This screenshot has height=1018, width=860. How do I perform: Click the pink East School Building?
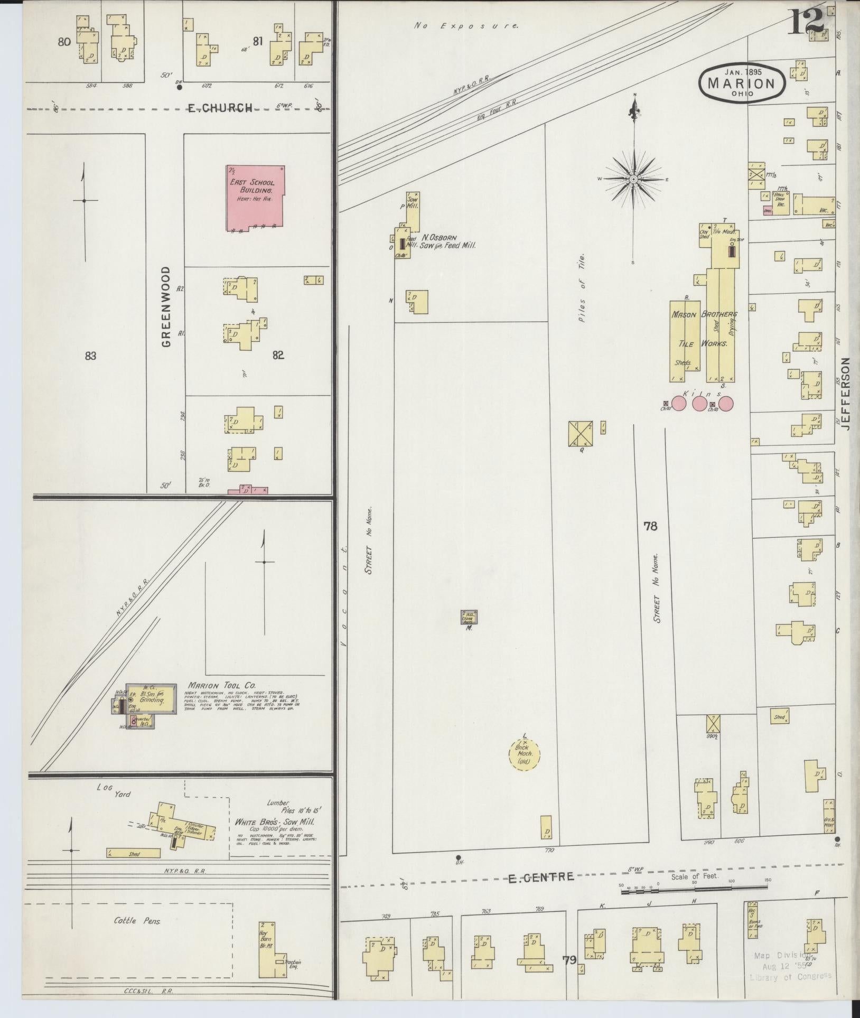point(256,197)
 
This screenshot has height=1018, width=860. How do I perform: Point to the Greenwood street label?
point(166,306)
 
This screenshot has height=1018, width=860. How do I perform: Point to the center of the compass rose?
point(633,180)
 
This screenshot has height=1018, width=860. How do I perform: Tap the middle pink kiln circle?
point(699,404)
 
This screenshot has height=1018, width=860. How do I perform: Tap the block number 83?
point(90,356)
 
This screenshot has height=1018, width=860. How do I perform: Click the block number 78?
point(650,526)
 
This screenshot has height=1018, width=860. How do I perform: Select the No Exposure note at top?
point(466,25)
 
